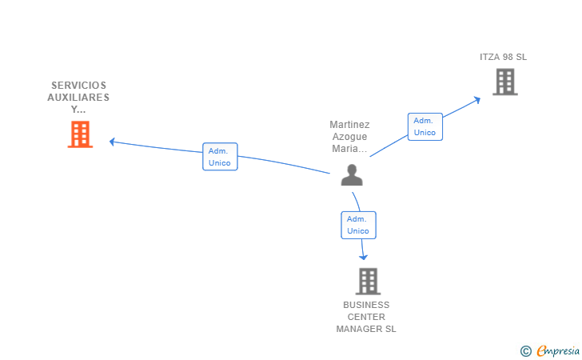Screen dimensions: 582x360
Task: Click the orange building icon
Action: coord(80,134)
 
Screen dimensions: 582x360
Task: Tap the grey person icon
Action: coord(352,174)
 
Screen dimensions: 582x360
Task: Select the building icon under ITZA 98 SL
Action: coord(505,82)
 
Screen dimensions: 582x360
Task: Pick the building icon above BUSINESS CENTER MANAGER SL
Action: coord(369,282)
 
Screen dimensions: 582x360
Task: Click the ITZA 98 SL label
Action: coord(504,57)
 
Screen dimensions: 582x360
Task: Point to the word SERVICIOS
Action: coord(78,86)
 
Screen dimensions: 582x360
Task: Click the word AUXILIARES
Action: coord(78,98)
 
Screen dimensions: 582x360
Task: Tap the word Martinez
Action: coord(349,125)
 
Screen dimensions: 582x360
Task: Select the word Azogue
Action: coord(349,137)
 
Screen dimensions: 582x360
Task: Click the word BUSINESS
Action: coord(366,305)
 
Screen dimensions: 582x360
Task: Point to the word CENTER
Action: coord(366,317)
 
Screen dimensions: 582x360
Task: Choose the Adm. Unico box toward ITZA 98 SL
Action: coord(425,126)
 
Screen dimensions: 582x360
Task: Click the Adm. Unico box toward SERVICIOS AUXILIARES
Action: coord(220,157)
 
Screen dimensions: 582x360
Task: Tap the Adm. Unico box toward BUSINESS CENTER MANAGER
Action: coord(358,225)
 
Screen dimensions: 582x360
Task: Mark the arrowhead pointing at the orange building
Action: coord(112,142)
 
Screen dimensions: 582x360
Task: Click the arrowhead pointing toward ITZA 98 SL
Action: coord(477,100)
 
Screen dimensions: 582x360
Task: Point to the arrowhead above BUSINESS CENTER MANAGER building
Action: coord(364,257)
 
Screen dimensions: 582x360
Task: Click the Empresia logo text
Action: coord(558,350)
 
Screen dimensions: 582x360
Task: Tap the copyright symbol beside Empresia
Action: coord(526,351)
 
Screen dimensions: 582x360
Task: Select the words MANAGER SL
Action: coord(366,329)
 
